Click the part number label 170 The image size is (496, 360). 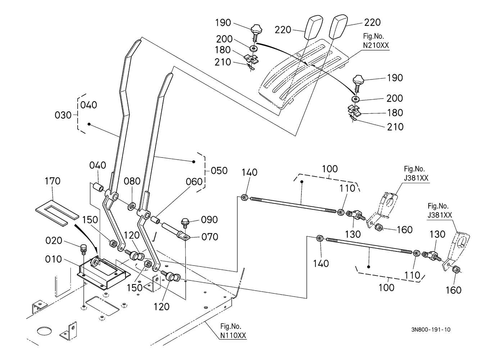pyautogui.click(x=52, y=181)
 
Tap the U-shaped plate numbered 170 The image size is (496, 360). pyautogui.click(x=56, y=213)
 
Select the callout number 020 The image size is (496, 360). pyautogui.click(x=54, y=241)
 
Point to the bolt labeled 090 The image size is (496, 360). pyautogui.click(x=186, y=222)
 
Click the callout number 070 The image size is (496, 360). pyautogui.click(x=210, y=237)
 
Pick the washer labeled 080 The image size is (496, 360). pyautogui.click(x=131, y=206)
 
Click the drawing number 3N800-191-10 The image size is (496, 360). pyautogui.click(x=431, y=330)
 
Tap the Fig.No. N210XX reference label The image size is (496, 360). pyautogui.click(x=376, y=41)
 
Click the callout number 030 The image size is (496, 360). pyautogui.click(x=63, y=115)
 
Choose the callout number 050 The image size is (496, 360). pyautogui.click(x=219, y=170)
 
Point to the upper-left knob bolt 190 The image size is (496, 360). pyautogui.click(x=256, y=30)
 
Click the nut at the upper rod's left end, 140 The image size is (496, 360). pyautogui.click(x=244, y=197)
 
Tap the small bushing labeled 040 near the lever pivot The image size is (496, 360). pyautogui.click(x=98, y=188)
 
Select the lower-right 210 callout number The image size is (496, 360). pyautogui.click(x=395, y=127)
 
